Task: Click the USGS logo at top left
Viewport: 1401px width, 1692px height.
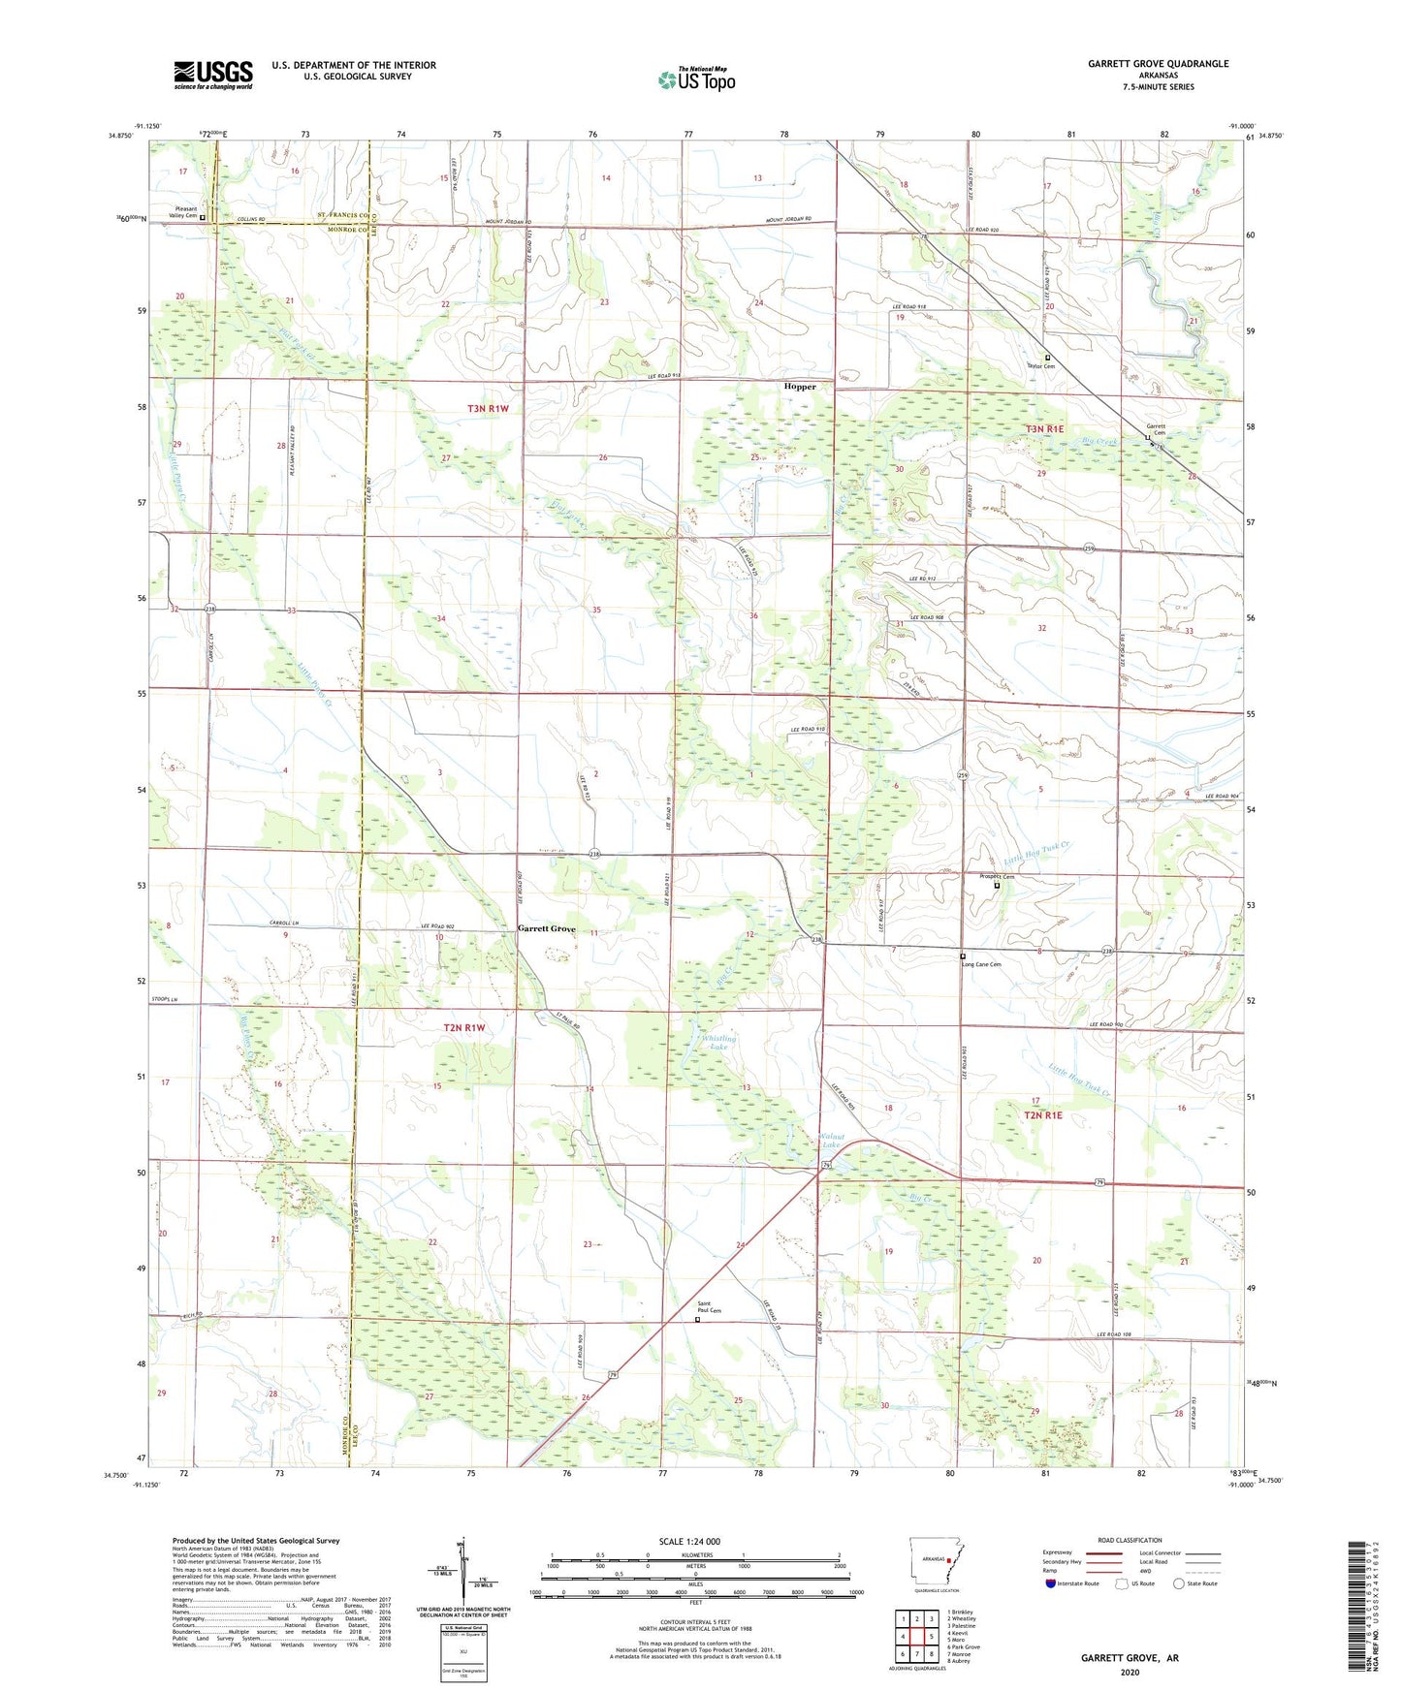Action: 213,75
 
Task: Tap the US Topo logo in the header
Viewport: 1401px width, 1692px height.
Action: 696,80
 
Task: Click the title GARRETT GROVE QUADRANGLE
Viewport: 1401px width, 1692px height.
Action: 1158,64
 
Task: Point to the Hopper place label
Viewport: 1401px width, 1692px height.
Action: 800,387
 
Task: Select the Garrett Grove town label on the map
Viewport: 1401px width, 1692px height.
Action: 546,928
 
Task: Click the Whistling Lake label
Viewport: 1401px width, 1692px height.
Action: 717,1043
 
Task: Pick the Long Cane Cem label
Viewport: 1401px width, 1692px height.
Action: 980,964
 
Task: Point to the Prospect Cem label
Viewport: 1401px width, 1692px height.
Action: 996,877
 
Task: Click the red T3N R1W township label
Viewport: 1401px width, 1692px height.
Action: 488,409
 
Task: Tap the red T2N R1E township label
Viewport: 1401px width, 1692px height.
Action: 1043,1115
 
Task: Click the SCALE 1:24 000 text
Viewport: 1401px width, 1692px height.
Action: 689,1541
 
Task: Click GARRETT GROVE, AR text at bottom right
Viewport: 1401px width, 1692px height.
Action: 1130,1658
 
